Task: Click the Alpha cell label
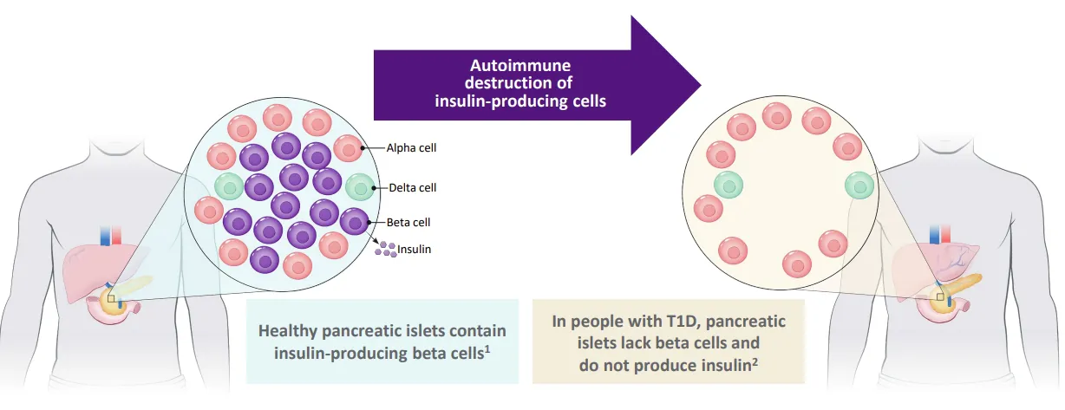[x=411, y=147]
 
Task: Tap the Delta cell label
[x=412, y=187]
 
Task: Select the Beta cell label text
[x=408, y=223]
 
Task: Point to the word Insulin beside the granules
[x=414, y=250]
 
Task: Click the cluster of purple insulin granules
[x=386, y=250]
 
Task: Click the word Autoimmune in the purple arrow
[x=520, y=65]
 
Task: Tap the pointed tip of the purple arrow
[x=701, y=86]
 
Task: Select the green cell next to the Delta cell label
[x=360, y=187]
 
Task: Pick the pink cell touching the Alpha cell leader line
[x=348, y=148]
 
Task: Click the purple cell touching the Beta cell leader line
[x=354, y=222]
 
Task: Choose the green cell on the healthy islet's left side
[x=229, y=186]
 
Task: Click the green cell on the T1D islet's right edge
[x=859, y=185]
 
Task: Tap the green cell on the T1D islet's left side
[x=729, y=185]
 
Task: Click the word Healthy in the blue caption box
[x=288, y=330]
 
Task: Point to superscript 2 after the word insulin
[x=755, y=361]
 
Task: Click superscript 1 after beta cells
[x=487, y=349]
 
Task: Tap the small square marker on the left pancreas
[x=111, y=299]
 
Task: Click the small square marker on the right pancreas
[x=940, y=297]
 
